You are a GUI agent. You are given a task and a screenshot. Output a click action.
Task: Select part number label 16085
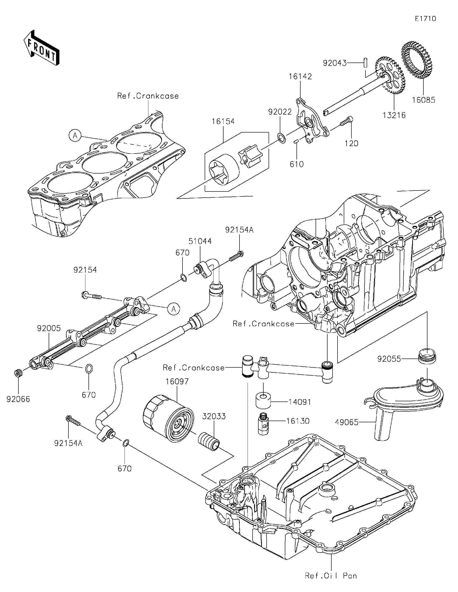(424, 100)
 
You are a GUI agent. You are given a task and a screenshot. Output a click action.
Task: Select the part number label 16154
(223, 122)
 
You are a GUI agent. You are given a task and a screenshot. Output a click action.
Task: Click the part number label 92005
(49, 328)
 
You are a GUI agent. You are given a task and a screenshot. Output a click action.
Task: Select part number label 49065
(347, 422)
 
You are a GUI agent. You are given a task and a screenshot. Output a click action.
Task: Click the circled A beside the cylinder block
(75, 135)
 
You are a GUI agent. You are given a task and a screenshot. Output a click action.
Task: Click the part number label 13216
(394, 116)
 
